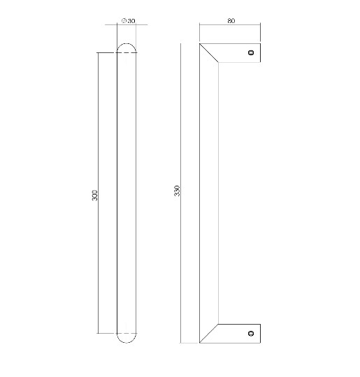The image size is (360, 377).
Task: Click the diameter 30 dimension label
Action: pos(128,21)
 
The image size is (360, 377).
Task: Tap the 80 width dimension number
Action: pos(231,20)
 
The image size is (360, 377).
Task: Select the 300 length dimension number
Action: pos(95,195)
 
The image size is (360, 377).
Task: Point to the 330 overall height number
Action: pos(177,191)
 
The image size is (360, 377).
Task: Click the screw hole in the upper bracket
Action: pos(251,52)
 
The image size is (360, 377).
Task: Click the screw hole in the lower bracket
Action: pos(251,334)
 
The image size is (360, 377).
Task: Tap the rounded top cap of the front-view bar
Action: pos(126,47)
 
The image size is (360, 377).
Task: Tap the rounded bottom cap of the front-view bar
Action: pos(126,339)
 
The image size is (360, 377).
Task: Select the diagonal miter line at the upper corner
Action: pos(210,54)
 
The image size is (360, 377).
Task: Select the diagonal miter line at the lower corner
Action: pos(210,333)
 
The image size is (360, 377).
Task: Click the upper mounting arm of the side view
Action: pos(238,52)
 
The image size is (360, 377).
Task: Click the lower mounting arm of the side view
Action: pos(238,334)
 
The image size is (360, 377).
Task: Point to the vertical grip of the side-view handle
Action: pos(209,192)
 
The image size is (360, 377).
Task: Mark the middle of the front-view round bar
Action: pos(126,192)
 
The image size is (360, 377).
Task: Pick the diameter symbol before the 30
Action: pos(123,21)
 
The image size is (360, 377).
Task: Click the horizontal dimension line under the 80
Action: pos(230,26)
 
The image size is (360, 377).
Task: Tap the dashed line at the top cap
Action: pos(126,53)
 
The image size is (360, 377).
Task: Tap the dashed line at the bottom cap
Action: pos(126,333)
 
